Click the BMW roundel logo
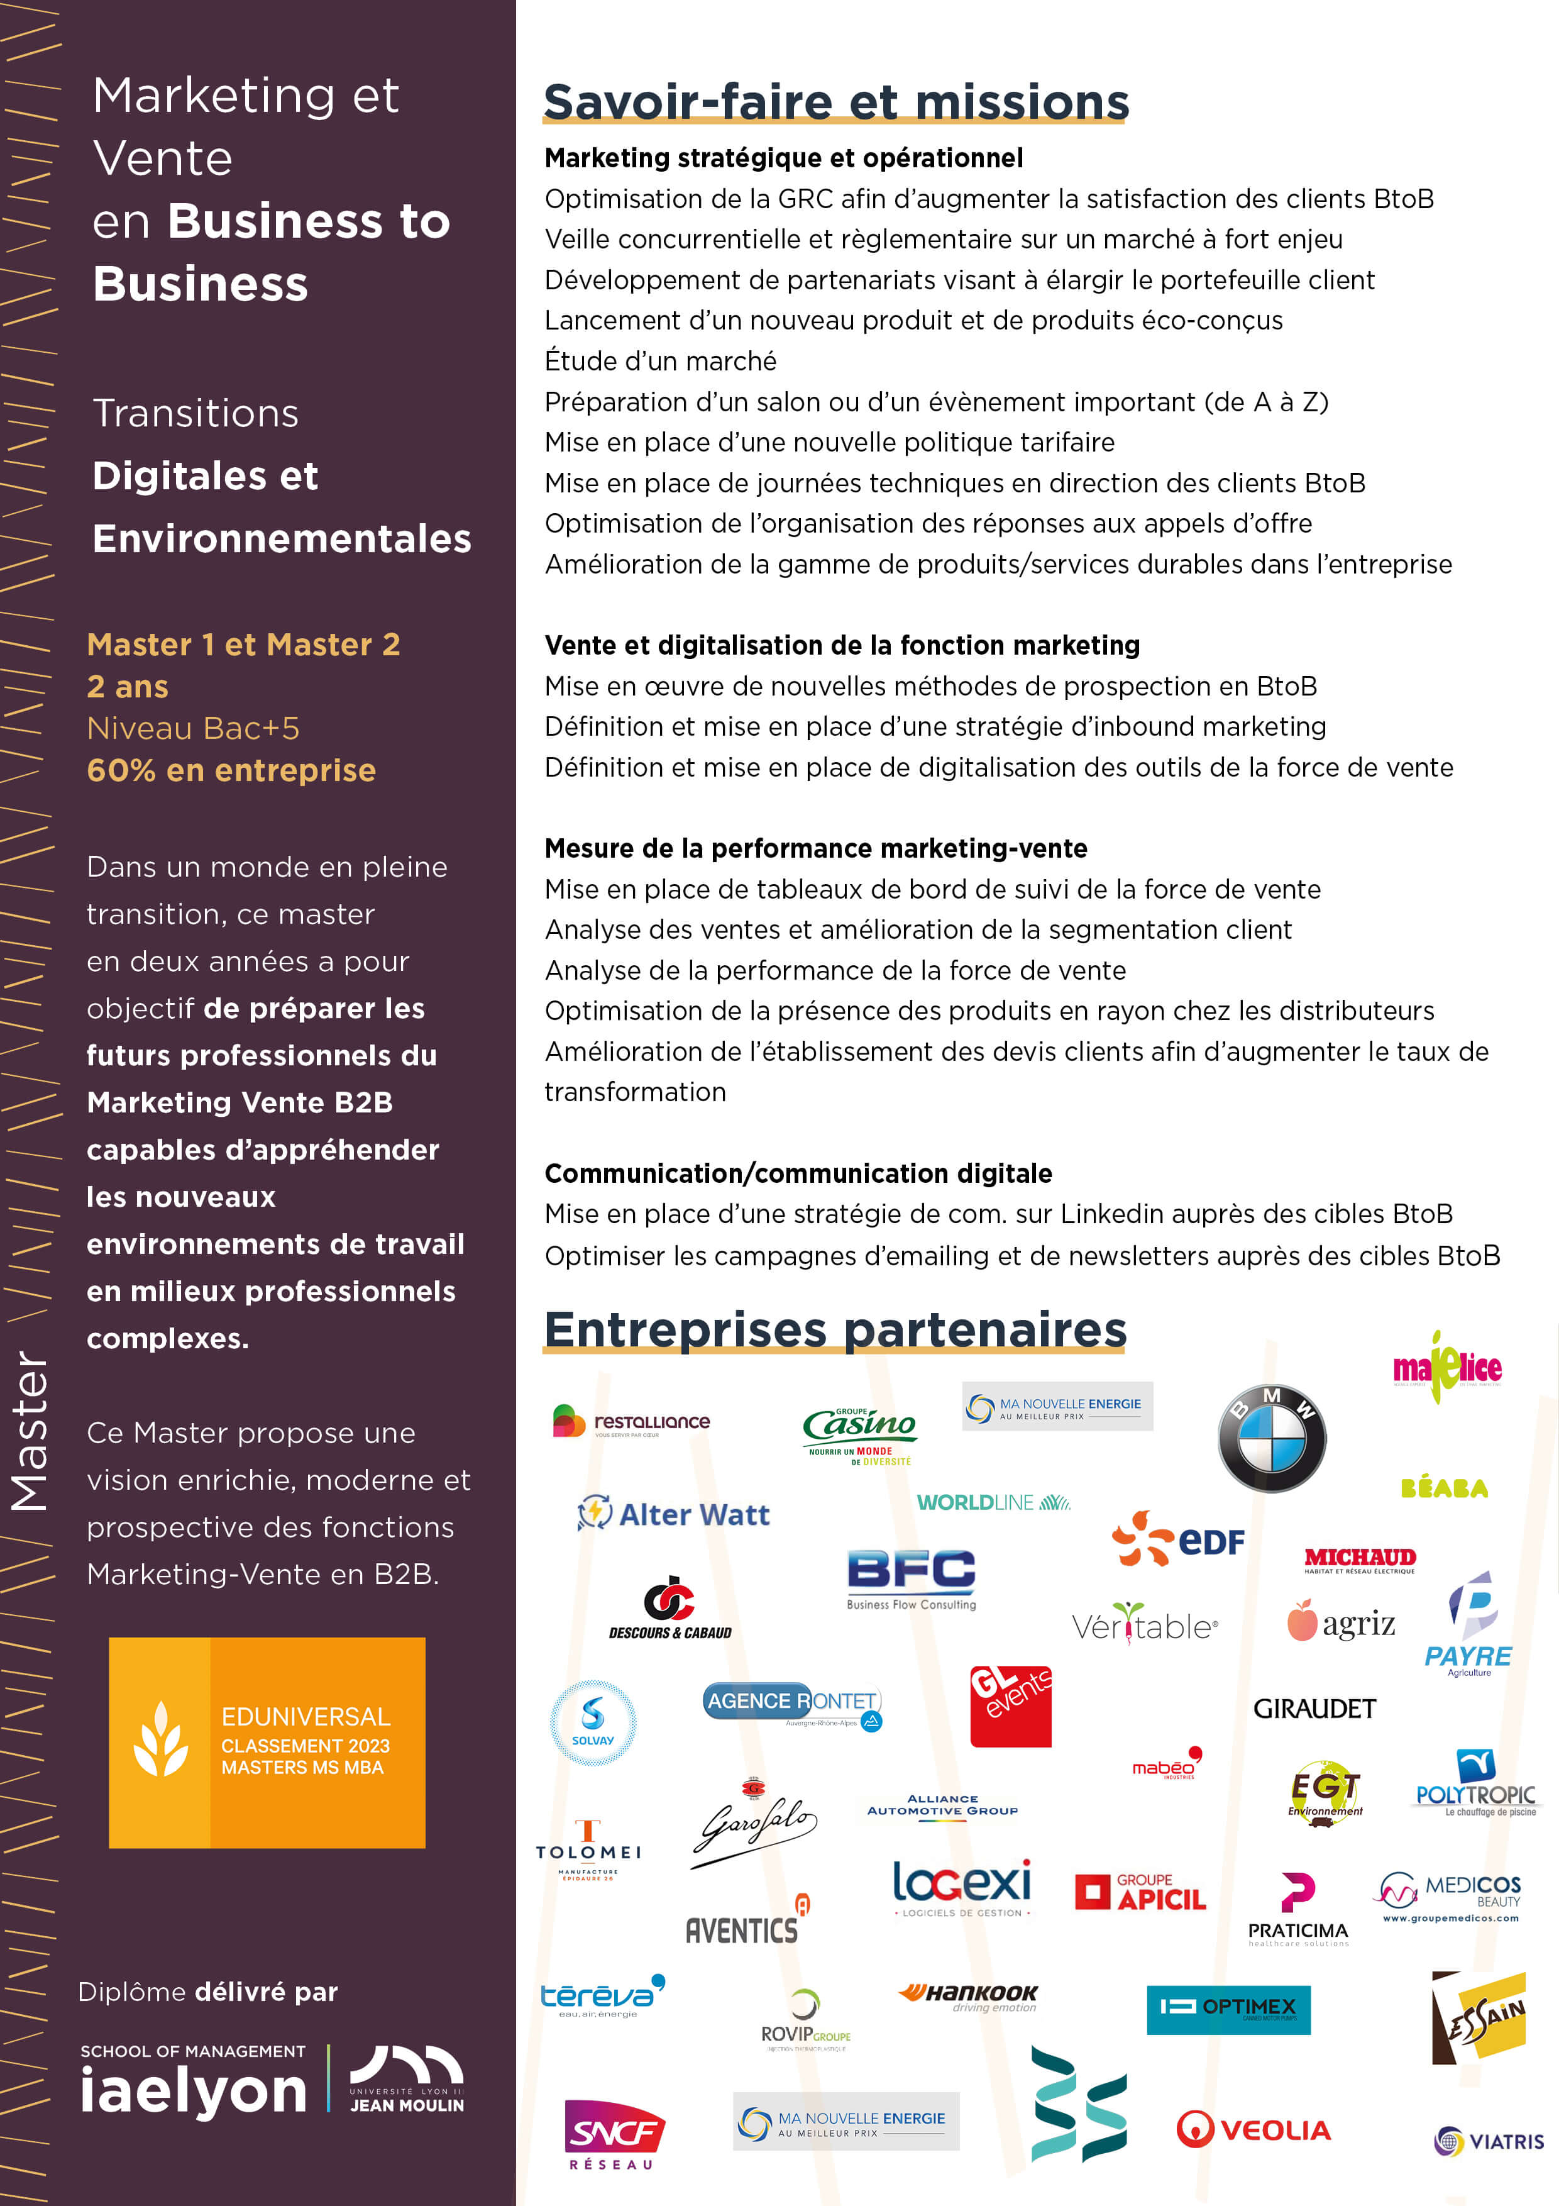1271,1438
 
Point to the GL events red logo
1010,1705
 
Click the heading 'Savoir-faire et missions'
835,102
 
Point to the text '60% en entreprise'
231,770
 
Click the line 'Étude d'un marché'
661,361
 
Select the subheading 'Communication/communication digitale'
798,1173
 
